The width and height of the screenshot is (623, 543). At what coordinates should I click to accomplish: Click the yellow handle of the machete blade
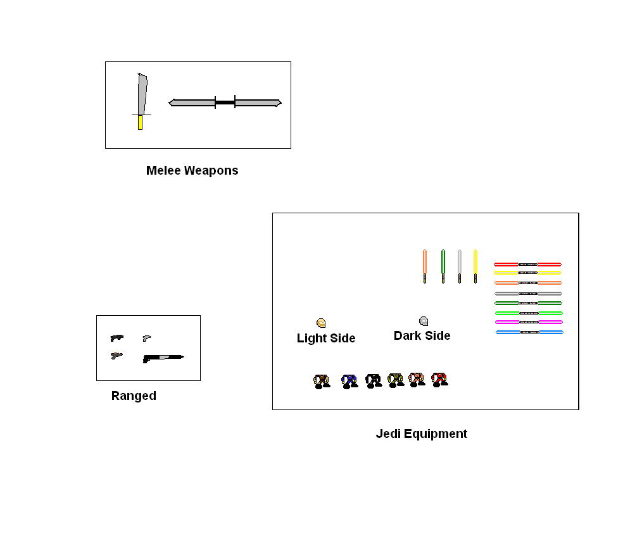(140, 123)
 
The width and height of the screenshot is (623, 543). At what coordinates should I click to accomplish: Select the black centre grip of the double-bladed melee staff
(225, 103)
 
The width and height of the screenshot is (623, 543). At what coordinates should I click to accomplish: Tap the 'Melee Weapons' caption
(192, 170)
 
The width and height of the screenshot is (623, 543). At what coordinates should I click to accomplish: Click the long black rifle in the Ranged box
(163, 358)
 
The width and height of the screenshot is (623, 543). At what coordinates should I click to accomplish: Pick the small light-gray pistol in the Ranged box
(146, 338)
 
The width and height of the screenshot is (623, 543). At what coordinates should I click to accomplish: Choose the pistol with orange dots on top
(116, 355)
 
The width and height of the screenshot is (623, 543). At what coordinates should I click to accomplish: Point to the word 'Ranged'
(134, 396)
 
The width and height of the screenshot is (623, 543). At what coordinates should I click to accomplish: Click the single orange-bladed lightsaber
(425, 266)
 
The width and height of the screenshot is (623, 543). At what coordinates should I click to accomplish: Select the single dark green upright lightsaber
(443, 266)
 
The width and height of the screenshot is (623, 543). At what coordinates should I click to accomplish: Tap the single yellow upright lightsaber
(475, 266)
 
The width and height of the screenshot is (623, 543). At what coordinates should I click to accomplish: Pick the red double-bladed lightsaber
(528, 264)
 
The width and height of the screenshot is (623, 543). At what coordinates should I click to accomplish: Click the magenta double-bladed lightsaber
(529, 322)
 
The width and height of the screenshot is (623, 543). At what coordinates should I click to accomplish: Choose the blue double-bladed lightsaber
(529, 332)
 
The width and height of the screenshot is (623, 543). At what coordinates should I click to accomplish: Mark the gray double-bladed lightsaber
(528, 294)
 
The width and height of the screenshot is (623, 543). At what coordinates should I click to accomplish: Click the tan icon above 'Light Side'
(321, 323)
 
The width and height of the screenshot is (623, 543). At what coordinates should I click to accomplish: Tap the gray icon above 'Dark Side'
(424, 321)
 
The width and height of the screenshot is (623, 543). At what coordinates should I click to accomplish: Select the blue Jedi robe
(349, 381)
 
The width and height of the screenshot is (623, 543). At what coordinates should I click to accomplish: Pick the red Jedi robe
(439, 379)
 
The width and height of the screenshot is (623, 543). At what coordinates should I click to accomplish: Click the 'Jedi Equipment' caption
(421, 434)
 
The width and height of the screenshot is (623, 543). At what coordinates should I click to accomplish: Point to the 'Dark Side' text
(422, 335)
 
